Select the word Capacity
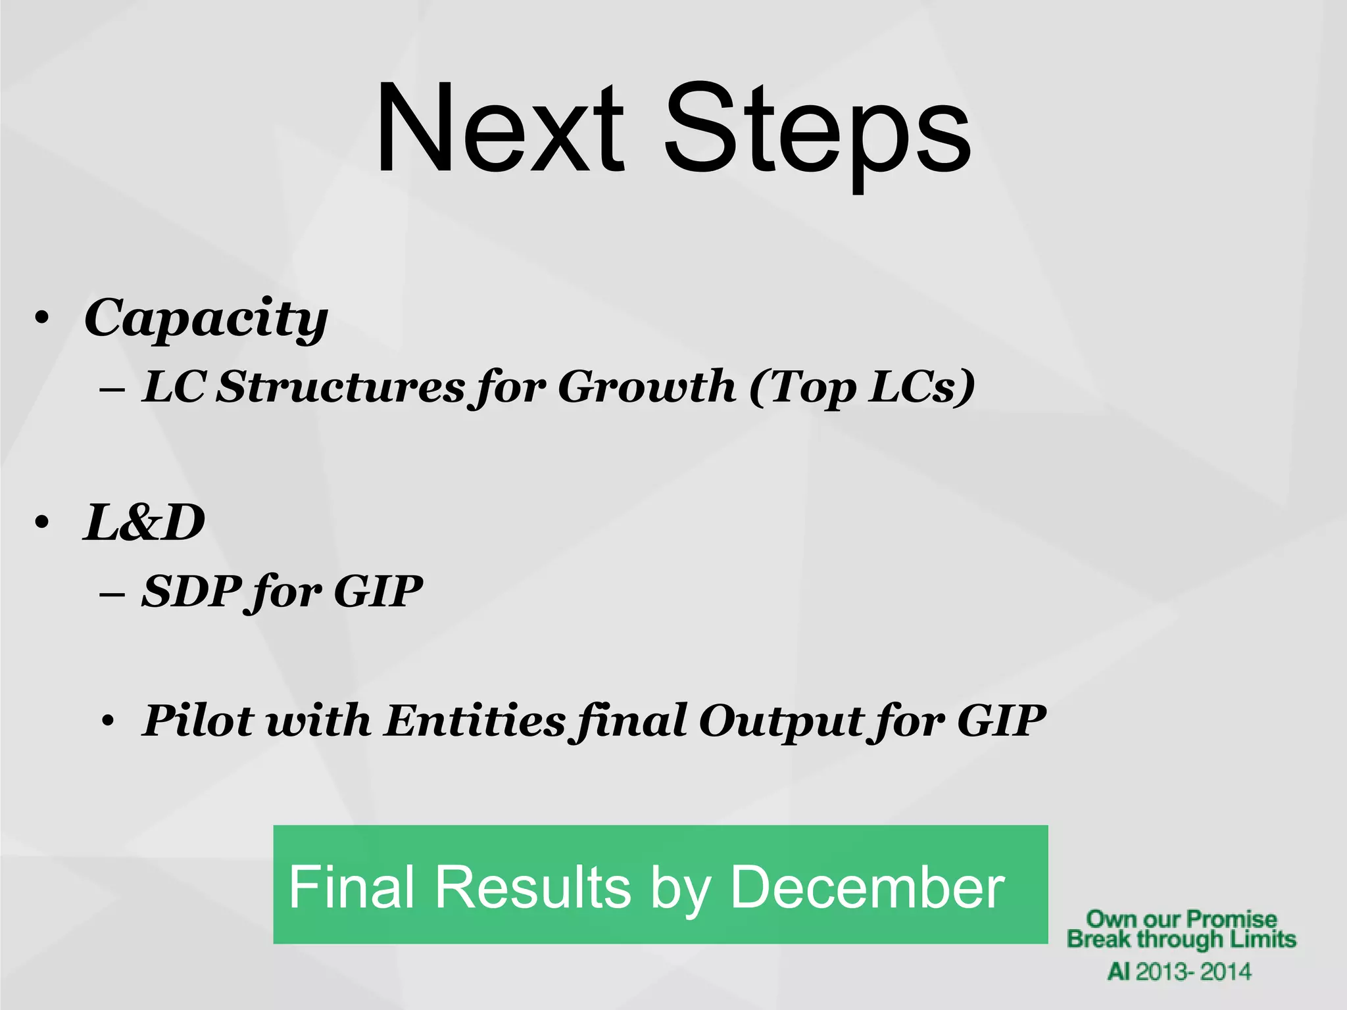[205, 318]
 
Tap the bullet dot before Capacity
[43, 319]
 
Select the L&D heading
[143, 523]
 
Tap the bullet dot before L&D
[43, 524]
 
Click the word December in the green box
[867, 887]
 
